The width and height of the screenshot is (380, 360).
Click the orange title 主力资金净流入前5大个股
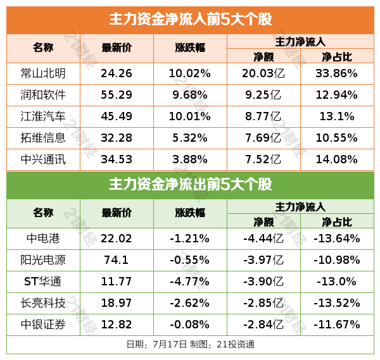[190, 19]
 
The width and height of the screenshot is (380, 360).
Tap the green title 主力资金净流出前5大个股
[190, 185]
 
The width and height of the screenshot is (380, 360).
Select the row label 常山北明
[43, 73]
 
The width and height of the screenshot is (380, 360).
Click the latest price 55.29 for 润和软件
[117, 95]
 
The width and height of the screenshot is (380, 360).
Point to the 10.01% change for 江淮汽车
[189, 117]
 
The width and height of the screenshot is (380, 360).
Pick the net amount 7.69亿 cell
[263, 138]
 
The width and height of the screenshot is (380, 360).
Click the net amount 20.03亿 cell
[263, 73]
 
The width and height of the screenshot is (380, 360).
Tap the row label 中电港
[43, 239]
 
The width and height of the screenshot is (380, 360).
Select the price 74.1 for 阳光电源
[117, 260]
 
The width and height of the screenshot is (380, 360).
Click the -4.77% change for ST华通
[189, 282]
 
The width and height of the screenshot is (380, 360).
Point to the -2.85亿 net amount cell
[263, 303]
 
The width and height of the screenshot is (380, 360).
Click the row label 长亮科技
[43, 303]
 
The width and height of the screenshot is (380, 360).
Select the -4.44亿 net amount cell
[263, 239]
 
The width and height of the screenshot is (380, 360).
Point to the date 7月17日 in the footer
[170, 345]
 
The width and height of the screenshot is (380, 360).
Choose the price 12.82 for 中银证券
[117, 325]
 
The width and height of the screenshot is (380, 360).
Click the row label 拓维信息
[43, 138]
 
